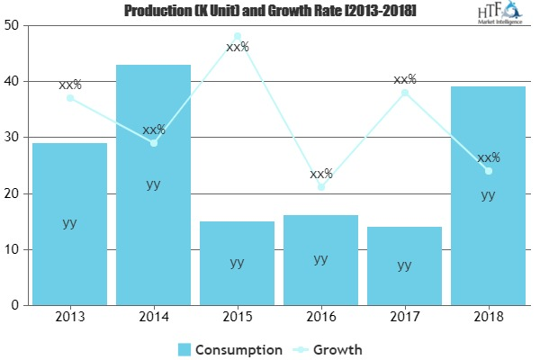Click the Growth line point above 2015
coord(237,37)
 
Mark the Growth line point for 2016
coord(320,187)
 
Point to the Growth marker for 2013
coord(69,98)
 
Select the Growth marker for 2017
coord(404,93)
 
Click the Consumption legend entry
coord(230,348)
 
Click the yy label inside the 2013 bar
coord(69,223)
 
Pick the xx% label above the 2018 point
coord(488,157)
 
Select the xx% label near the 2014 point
coord(153,130)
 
